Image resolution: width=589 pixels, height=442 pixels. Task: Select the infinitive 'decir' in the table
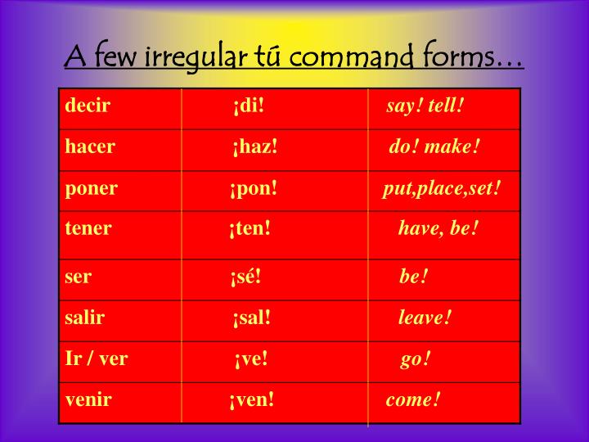(88, 106)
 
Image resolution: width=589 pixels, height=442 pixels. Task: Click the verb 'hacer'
(90, 147)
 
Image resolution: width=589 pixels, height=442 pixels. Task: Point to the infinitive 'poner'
(92, 189)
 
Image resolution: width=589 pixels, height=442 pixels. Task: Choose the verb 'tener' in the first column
(88, 228)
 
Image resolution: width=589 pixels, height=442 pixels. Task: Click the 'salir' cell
(85, 318)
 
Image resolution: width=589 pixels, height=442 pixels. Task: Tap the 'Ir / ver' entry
(97, 359)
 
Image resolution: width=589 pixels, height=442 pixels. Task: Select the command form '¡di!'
(249, 106)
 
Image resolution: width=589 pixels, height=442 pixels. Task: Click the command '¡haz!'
(254, 147)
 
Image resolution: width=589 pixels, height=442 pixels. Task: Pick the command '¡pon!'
(254, 189)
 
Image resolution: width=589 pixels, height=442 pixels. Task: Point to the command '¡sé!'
(245, 277)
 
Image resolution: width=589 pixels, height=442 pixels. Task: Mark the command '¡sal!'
(251, 318)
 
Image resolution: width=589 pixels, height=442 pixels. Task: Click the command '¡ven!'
(252, 400)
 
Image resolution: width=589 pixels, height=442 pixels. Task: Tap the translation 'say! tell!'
(425, 106)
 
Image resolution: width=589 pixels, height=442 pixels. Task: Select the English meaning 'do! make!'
(434, 147)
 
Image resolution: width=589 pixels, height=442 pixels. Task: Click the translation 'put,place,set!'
(441, 189)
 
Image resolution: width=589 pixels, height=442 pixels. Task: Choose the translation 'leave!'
(425, 318)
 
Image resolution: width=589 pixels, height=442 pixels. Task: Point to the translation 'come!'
(413, 400)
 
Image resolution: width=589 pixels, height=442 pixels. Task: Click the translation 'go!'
(416, 359)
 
